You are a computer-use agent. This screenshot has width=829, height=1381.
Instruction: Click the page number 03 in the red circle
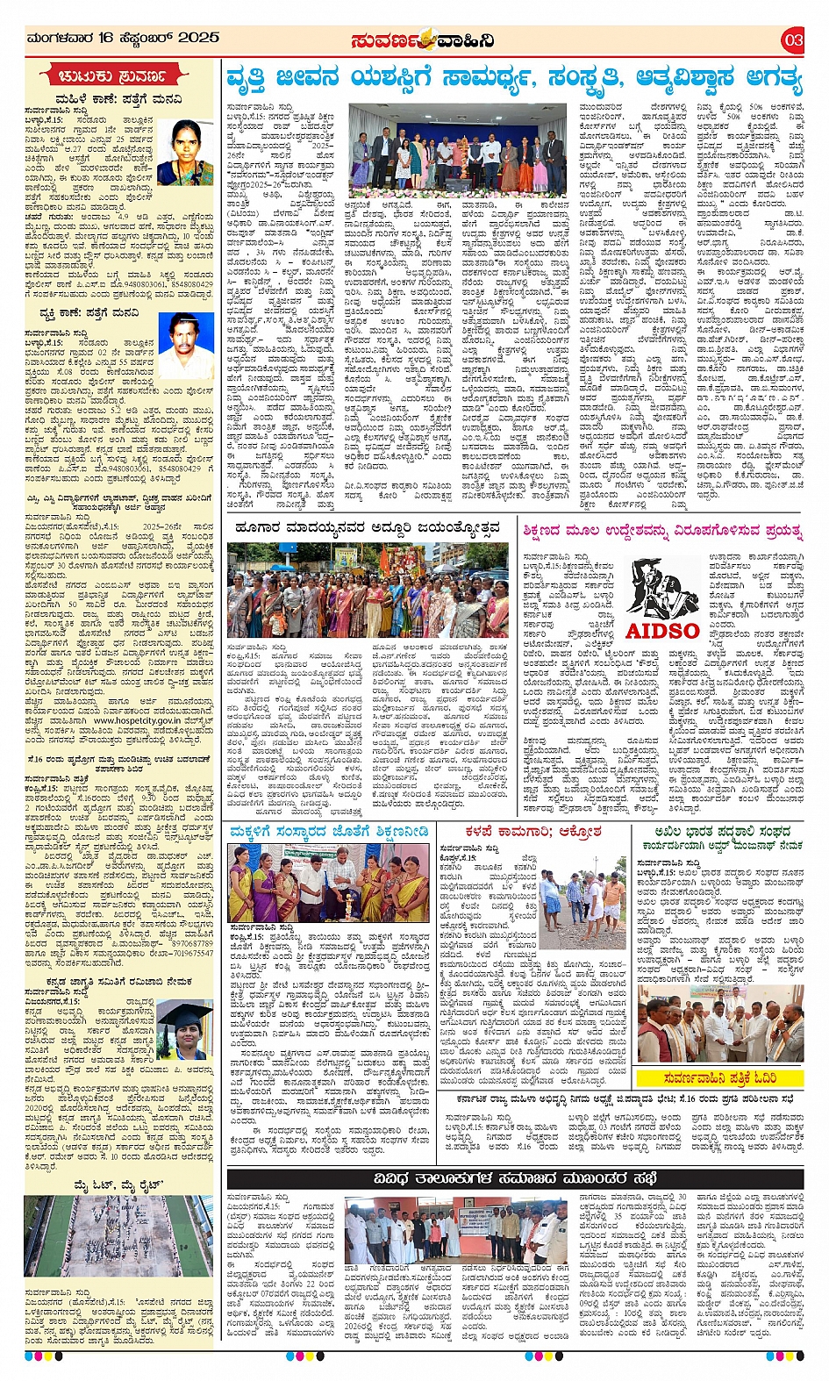pos(793,39)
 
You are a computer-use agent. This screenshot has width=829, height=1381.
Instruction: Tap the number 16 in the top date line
pos(106,38)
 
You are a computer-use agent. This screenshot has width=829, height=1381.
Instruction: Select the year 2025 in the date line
pos(198,38)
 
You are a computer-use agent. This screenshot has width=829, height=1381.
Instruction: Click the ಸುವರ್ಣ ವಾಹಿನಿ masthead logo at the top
pos(422,39)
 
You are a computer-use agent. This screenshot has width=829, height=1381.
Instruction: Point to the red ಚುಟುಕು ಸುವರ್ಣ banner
pos(118,75)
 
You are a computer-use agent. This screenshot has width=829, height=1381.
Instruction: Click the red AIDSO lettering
pos(662,630)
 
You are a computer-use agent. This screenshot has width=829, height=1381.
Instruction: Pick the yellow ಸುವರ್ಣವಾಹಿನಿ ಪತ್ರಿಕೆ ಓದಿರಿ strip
pos(720,1077)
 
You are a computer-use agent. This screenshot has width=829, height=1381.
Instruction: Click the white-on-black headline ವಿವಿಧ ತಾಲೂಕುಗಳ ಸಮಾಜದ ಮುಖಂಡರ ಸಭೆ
pos(514,1177)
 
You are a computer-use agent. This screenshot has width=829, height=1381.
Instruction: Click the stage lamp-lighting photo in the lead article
pos(458,149)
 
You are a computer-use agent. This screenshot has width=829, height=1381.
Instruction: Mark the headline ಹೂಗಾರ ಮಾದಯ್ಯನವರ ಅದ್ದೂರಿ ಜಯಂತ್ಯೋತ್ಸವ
pos(368,527)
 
